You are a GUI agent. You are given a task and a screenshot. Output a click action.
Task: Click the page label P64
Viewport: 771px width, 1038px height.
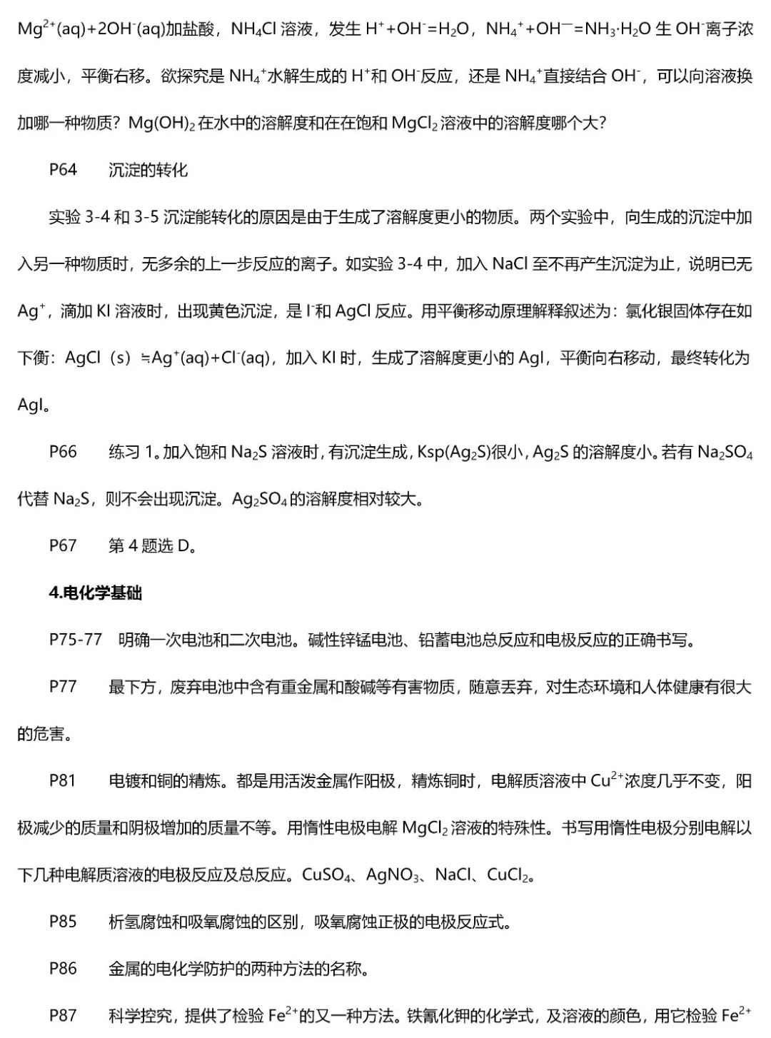pos(63,170)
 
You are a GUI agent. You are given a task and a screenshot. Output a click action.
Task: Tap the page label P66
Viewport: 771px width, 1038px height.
pos(63,452)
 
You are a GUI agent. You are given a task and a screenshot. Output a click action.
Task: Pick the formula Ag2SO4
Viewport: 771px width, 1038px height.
pos(259,499)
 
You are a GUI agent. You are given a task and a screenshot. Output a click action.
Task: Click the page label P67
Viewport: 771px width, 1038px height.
pos(63,546)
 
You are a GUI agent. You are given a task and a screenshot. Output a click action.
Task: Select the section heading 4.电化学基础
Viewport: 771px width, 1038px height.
pos(96,593)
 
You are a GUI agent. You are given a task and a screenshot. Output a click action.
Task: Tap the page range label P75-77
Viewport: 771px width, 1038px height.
pos(76,640)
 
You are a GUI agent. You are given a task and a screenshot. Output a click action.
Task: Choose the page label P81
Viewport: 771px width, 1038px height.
pos(63,781)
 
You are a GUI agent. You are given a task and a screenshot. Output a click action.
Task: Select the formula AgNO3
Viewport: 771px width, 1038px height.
pos(393,875)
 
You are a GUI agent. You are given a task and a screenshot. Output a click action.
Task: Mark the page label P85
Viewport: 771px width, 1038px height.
pos(63,922)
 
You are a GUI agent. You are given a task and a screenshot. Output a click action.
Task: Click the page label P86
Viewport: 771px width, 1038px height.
pos(63,969)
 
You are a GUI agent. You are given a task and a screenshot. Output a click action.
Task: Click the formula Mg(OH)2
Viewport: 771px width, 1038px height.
pos(161,124)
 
